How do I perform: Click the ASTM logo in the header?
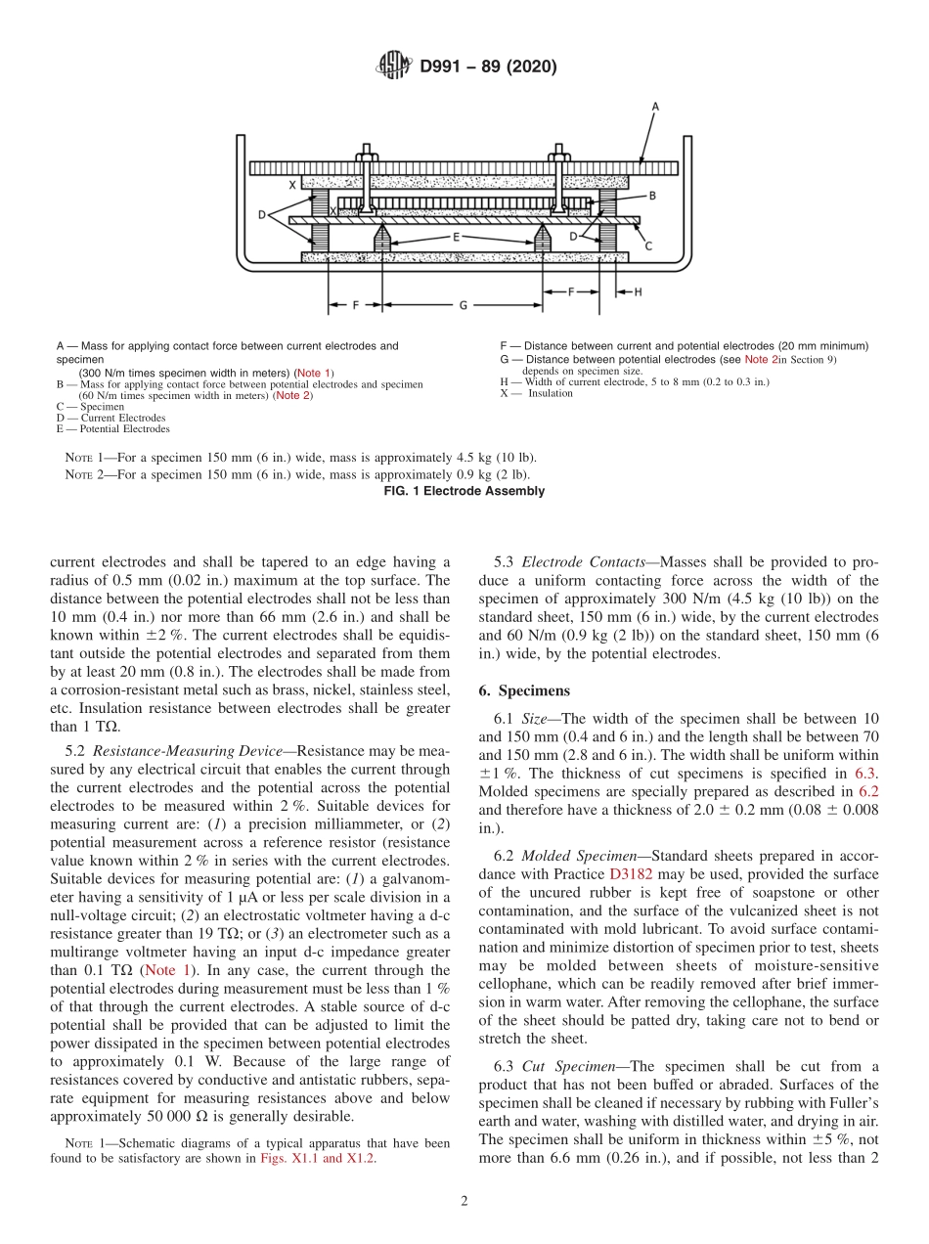(x=394, y=67)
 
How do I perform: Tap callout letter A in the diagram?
(x=654, y=105)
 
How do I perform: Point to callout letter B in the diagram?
(x=651, y=196)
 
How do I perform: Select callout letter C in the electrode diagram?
(x=647, y=246)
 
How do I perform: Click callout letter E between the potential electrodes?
(x=455, y=237)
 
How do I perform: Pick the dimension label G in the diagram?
(x=463, y=305)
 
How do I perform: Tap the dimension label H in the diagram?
(x=639, y=291)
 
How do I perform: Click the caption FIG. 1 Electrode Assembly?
(x=464, y=491)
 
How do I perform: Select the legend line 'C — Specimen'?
(x=90, y=407)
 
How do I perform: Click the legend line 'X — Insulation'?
(x=535, y=393)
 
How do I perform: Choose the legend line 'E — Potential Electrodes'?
(x=112, y=428)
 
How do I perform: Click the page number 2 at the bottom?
(x=464, y=1202)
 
